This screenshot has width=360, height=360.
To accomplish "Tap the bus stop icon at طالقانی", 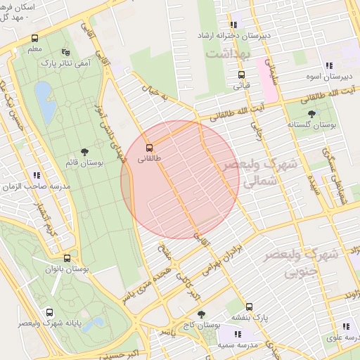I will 149,148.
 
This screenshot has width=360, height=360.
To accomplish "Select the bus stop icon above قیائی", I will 241,75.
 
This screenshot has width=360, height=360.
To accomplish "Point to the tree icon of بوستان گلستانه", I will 311,112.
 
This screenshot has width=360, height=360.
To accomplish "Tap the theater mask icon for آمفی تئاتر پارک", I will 66,52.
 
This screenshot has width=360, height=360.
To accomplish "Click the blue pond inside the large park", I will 43,94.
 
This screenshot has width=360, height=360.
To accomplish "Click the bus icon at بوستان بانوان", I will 67,258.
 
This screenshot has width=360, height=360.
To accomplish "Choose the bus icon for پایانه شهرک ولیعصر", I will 49,312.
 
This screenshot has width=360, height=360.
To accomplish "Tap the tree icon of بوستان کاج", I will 202,314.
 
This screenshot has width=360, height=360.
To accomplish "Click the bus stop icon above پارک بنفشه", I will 248,297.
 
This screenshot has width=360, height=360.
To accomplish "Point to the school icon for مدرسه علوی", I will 345,327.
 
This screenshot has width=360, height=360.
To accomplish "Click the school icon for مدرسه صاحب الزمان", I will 36,176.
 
